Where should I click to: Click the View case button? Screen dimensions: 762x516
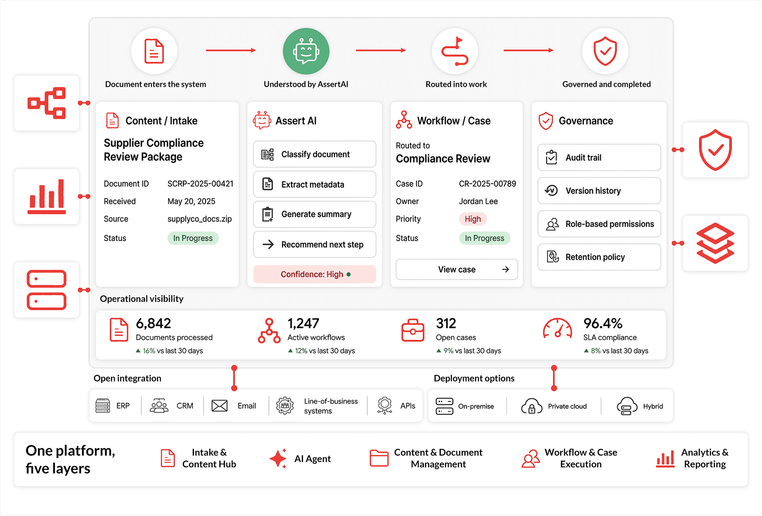(457, 270)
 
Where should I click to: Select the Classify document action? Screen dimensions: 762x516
(315, 154)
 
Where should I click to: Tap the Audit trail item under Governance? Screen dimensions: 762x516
(599, 158)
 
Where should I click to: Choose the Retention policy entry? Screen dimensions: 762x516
(599, 257)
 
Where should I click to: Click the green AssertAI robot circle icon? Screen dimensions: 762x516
(306, 51)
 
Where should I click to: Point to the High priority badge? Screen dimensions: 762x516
(473, 219)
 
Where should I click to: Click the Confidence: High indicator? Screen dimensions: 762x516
(315, 274)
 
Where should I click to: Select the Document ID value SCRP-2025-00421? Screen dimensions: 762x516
(200, 184)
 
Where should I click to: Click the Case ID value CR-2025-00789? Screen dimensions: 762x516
(487, 184)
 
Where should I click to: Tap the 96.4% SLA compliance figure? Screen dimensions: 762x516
(603, 323)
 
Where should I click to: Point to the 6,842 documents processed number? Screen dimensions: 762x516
(153, 323)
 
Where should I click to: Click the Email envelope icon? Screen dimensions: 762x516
(220, 406)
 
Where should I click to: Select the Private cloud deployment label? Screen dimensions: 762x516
(567, 406)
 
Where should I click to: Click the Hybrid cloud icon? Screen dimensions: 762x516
(626, 406)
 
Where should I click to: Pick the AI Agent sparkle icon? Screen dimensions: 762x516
(278, 458)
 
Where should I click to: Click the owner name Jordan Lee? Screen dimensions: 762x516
(478, 201)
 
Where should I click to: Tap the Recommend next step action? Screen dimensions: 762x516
(315, 245)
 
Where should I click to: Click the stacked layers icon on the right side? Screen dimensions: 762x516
(715, 243)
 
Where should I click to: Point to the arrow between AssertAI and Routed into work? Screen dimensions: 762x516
(381, 50)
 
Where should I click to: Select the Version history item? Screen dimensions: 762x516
(599, 191)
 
